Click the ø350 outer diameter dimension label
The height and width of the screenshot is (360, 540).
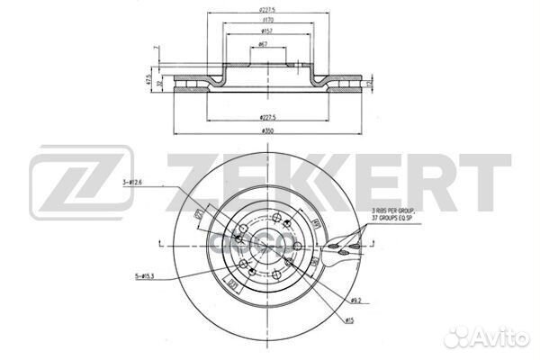coord(266,132)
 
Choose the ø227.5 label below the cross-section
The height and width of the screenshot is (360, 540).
coord(266,117)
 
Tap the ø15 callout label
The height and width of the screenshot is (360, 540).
coord(350,321)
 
